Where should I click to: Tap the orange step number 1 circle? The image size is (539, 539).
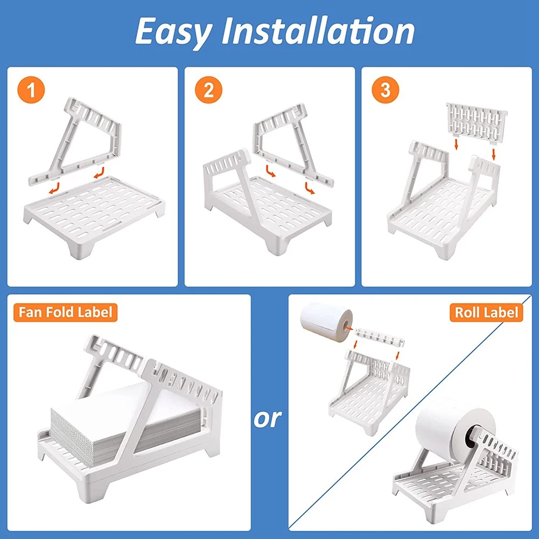click(31, 90)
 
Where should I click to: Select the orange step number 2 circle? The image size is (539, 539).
click(208, 90)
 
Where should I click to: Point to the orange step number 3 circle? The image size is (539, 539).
click(386, 90)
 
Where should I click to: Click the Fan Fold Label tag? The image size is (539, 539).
click(65, 312)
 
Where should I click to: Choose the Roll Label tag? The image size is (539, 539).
click(486, 312)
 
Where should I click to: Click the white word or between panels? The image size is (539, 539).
click(268, 418)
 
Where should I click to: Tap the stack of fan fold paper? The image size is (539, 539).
click(124, 423)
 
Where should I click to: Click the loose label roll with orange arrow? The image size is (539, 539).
click(326, 321)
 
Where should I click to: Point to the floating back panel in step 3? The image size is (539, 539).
click(477, 122)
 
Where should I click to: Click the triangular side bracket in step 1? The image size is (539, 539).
click(75, 141)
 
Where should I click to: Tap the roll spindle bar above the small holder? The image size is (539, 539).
click(379, 337)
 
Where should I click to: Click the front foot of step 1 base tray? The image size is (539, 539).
click(81, 248)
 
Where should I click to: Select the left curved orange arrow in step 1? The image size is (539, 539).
click(54, 188)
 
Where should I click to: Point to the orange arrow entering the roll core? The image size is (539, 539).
click(348, 328)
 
